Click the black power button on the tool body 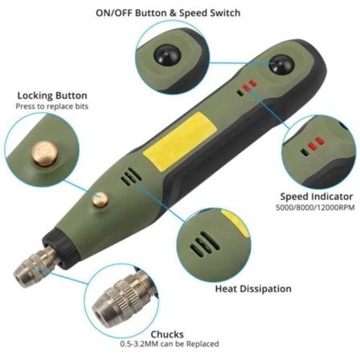point(281,65)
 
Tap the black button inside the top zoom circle point(167,55)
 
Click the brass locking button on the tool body point(100,200)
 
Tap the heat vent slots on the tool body point(131,177)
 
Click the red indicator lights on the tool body point(250,86)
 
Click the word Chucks point(167,334)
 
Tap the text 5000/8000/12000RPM point(315,207)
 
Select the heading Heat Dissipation point(253,289)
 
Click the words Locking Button point(52,96)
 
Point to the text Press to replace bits point(52,106)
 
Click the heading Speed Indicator point(317,197)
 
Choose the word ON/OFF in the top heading point(114,13)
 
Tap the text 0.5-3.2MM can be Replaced point(170,344)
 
